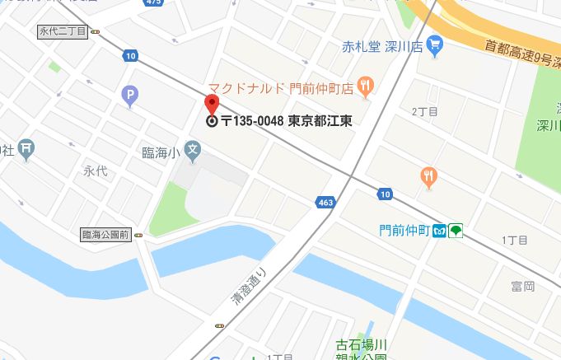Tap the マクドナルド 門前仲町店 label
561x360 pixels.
(280, 86)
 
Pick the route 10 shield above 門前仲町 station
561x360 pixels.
(385, 194)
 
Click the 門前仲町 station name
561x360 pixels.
(400, 231)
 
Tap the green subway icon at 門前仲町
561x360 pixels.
(456, 231)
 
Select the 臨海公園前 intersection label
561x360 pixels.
(105, 235)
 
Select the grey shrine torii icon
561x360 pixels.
(26, 148)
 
